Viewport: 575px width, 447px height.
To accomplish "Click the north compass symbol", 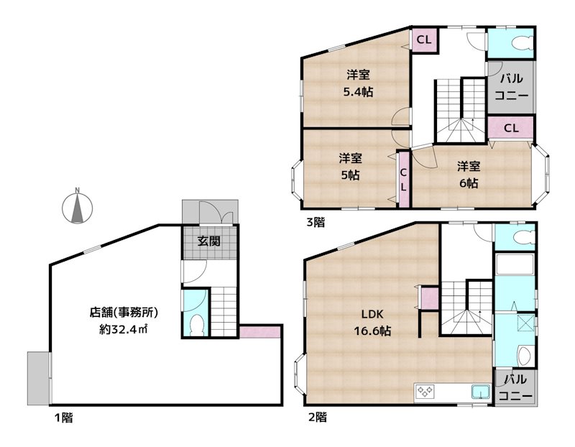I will click(x=78, y=206).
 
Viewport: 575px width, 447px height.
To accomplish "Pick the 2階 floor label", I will click(x=316, y=417).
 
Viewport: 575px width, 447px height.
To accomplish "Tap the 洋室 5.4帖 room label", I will click(x=357, y=83).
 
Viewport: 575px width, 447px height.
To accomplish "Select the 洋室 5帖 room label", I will click(x=350, y=166).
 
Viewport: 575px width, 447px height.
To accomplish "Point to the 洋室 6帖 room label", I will click(x=469, y=173).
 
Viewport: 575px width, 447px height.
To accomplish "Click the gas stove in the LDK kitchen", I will click(x=425, y=392).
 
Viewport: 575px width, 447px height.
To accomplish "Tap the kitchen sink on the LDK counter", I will click(x=479, y=392).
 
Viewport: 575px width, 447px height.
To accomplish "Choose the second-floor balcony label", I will click(x=515, y=387).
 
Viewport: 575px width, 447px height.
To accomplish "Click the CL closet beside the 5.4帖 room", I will click(x=424, y=40).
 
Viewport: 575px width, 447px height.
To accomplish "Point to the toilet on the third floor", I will click(x=518, y=44).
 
